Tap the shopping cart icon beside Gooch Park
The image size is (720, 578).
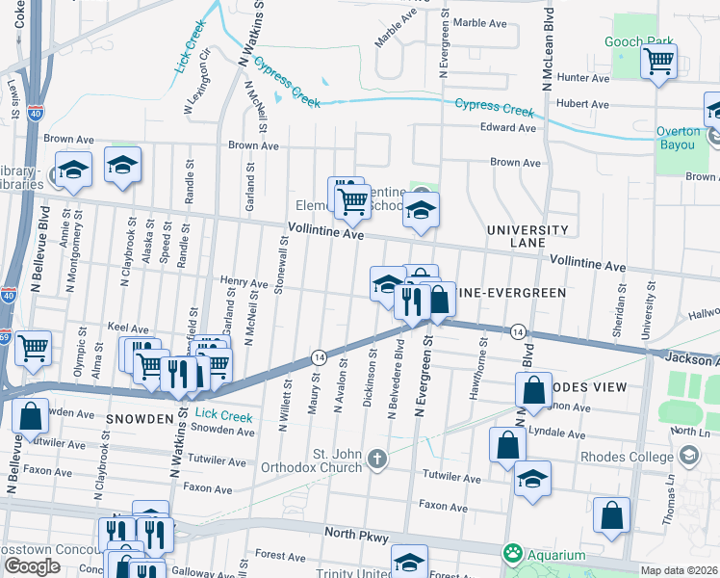click(659, 63)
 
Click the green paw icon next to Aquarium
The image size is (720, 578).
click(512, 555)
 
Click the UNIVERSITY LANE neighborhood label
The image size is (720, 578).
click(527, 237)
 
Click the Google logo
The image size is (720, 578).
click(32, 565)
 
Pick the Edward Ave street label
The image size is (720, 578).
click(508, 127)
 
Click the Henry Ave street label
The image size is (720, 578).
click(244, 284)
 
